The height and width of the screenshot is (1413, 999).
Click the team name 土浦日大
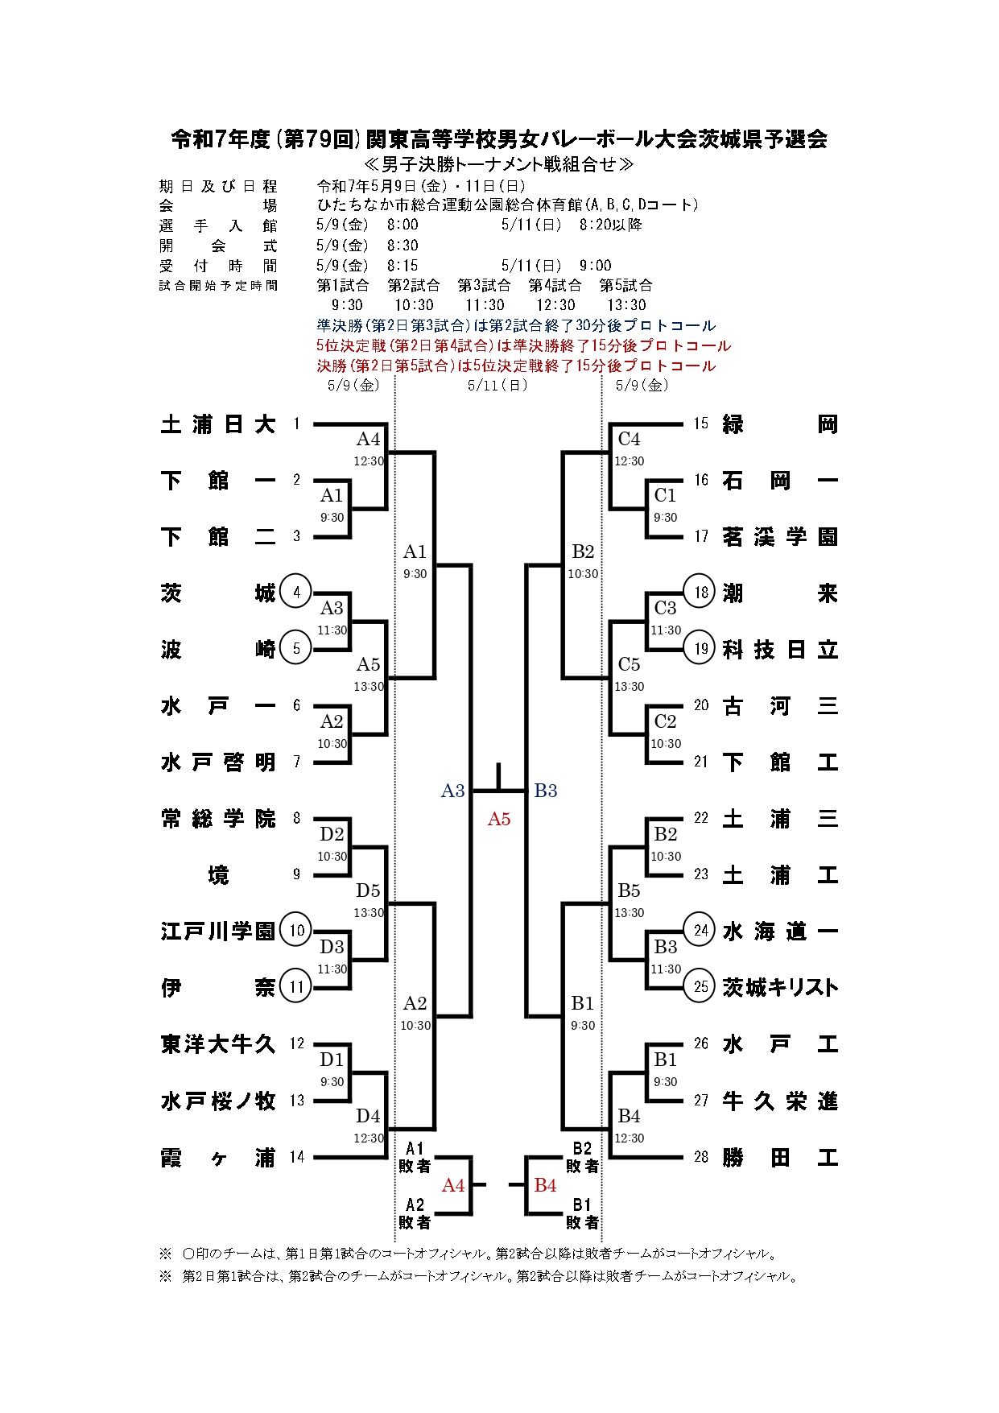(218, 424)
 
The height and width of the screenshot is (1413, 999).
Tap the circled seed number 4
(296, 593)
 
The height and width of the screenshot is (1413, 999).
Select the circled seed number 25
(701, 987)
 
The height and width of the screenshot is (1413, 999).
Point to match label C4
(629, 440)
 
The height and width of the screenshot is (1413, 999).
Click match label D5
(368, 890)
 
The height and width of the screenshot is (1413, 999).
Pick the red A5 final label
(499, 819)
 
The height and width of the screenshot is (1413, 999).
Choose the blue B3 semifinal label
(546, 791)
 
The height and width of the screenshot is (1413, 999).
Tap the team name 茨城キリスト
(780, 987)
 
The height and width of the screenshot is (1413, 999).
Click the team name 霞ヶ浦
(218, 1157)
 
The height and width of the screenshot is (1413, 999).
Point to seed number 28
(701, 1157)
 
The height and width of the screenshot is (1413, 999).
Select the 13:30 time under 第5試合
(626, 305)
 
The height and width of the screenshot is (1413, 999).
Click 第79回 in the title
(320, 139)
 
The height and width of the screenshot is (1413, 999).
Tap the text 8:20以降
(611, 225)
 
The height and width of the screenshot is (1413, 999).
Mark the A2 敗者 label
(415, 1213)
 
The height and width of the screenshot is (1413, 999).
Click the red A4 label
(453, 1185)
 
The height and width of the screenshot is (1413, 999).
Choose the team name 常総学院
(218, 819)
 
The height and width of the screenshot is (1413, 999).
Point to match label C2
(665, 721)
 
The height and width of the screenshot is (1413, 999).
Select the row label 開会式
(218, 246)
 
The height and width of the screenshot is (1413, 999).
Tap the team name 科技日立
(780, 649)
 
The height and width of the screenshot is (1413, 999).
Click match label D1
(332, 1060)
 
